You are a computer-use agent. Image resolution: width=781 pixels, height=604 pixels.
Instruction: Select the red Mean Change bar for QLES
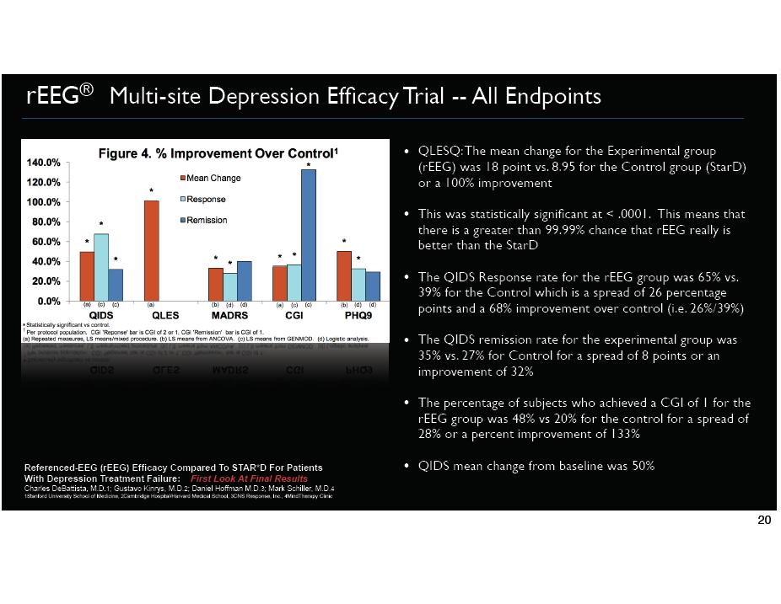(x=152, y=250)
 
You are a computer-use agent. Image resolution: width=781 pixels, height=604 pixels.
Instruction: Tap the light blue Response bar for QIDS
(x=101, y=267)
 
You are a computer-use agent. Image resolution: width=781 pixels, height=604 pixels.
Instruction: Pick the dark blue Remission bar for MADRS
(x=245, y=281)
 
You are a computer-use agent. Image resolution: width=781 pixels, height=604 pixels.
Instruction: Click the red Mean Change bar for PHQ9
(x=343, y=275)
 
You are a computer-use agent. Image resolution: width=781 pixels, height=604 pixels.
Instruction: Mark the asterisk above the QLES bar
(x=152, y=191)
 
